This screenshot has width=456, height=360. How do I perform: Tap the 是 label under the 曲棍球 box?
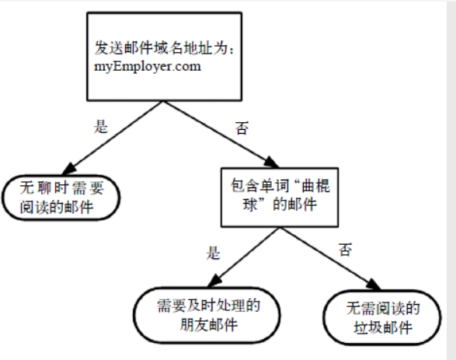pyautogui.click(x=214, y=253)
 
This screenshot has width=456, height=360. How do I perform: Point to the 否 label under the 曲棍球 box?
pyautogui.click(x=346, y=250)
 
